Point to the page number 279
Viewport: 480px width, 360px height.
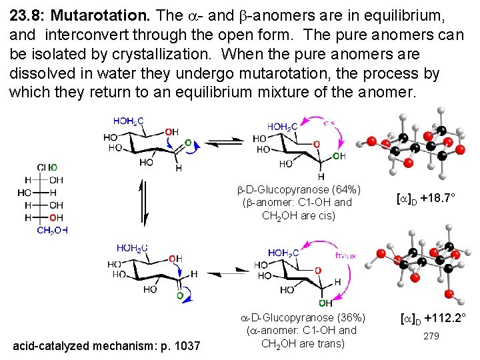[x=431, y=337]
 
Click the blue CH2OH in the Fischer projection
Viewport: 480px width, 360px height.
[x=52, y=231]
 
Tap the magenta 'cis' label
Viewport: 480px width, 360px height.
[x=329, y=122]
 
